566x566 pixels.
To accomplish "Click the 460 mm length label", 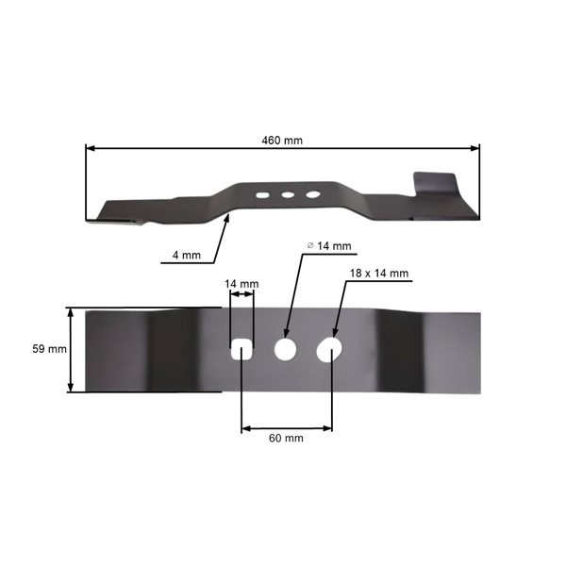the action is tap(282, 140).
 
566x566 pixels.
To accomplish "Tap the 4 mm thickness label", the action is tap(186, 256).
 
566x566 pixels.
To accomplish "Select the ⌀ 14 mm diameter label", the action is tap(329, 246).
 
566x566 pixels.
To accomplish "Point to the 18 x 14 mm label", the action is tap(379, 274).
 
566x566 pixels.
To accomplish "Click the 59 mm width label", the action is tap(49, 349).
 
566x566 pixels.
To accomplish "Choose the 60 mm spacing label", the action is tap(286, 439).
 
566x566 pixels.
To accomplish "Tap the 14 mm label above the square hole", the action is tap(241, 284).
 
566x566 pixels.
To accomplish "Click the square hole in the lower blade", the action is tap(241, 349).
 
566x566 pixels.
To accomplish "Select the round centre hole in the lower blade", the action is tap(285, 350).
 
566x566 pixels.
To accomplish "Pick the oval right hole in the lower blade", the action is tap(329, 350).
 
